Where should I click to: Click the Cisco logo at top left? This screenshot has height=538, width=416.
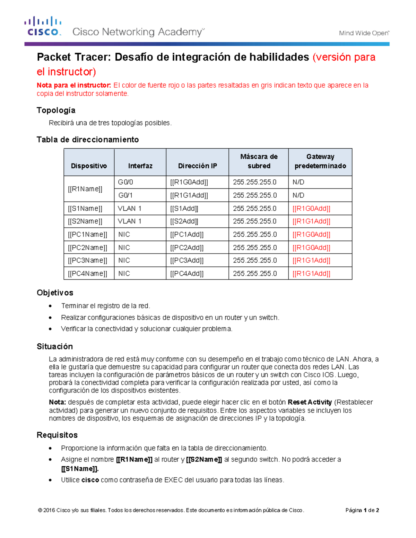[x=43, y=26]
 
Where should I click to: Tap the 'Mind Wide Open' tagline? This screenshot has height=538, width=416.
[x=364, y=33]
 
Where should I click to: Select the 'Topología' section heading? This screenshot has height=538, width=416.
[x=56, y=110]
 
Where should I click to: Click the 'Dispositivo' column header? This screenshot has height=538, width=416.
[x=89, y=166]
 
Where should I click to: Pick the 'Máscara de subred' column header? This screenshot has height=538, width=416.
[x=259, y=161]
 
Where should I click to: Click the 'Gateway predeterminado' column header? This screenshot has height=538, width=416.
[x=320, y=161]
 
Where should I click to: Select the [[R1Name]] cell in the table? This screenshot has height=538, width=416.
[x=85, y=189]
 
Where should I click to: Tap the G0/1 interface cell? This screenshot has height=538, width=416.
[x=125, y=195]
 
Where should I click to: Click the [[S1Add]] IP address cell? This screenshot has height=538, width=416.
[x=184, y=209]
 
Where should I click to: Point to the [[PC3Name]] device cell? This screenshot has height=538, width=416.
[x=88, y=261]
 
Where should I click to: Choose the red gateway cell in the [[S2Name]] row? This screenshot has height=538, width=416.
[x=311, y=221]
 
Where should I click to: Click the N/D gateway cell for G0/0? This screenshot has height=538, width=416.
[x=298, y=182]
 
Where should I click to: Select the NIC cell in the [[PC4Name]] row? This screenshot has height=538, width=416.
[x=124, y=274]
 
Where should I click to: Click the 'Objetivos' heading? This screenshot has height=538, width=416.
[x=55, y=293]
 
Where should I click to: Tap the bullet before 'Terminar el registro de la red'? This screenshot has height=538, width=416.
[x=51, y=306]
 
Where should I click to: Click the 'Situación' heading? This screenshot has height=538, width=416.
[x=55, y=346]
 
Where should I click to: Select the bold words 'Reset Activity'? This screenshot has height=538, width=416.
[x=310, y=402]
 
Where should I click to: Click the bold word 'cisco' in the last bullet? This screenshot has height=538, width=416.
[x=90, y=480]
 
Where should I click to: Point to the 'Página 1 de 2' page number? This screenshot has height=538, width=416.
[x=362, y=510]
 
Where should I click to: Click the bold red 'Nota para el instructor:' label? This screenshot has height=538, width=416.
[x=74, y=85]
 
